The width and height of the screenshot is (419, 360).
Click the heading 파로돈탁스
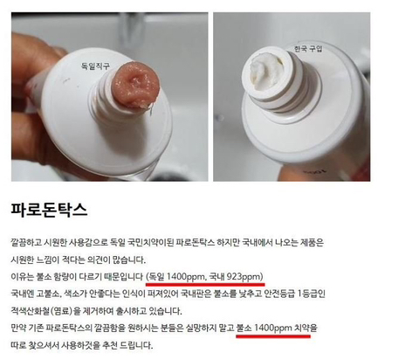coord(49,210)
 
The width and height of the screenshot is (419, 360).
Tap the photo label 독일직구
coord(95,66)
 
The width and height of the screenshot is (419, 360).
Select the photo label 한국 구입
coord(308,48)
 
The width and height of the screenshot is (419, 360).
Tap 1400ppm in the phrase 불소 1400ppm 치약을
coord(273,328)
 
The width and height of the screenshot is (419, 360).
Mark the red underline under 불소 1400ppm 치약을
coord(273,336)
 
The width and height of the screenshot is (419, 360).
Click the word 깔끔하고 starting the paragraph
coord(26,242)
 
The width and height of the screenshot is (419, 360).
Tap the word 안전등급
coord(279,294)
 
